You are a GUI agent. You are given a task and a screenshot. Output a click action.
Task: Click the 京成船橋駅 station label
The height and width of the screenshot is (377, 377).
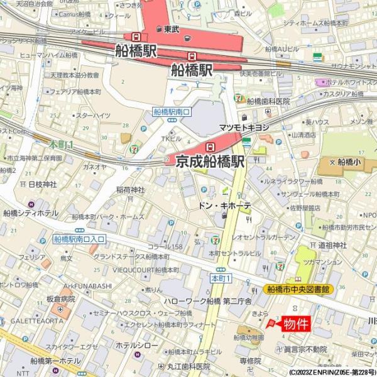point(210,161)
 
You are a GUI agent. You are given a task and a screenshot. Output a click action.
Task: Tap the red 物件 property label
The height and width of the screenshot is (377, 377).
point(295,324)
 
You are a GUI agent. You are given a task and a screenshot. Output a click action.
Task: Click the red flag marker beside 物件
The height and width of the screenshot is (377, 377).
point(271,323)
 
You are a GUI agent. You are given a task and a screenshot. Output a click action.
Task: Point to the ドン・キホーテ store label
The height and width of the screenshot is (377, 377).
point(224,205)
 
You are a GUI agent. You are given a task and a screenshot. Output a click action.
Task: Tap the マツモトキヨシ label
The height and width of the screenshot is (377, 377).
point(244,128)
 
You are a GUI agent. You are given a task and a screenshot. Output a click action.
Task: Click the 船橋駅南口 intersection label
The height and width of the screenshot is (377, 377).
point(172,112)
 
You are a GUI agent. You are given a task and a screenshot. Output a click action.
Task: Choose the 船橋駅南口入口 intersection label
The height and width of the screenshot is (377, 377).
point(79,239)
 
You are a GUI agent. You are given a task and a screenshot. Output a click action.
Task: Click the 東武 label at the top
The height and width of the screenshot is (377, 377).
point(171,29)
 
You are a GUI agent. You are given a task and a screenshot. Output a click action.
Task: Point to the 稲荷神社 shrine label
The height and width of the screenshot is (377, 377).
point(130,190)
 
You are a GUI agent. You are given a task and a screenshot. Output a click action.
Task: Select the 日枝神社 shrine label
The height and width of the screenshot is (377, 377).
point(42,184)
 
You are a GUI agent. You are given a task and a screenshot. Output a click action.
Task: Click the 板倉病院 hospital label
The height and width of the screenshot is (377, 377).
point(60,298)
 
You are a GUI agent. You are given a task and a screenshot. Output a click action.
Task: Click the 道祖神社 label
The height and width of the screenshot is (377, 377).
point(332,244)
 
